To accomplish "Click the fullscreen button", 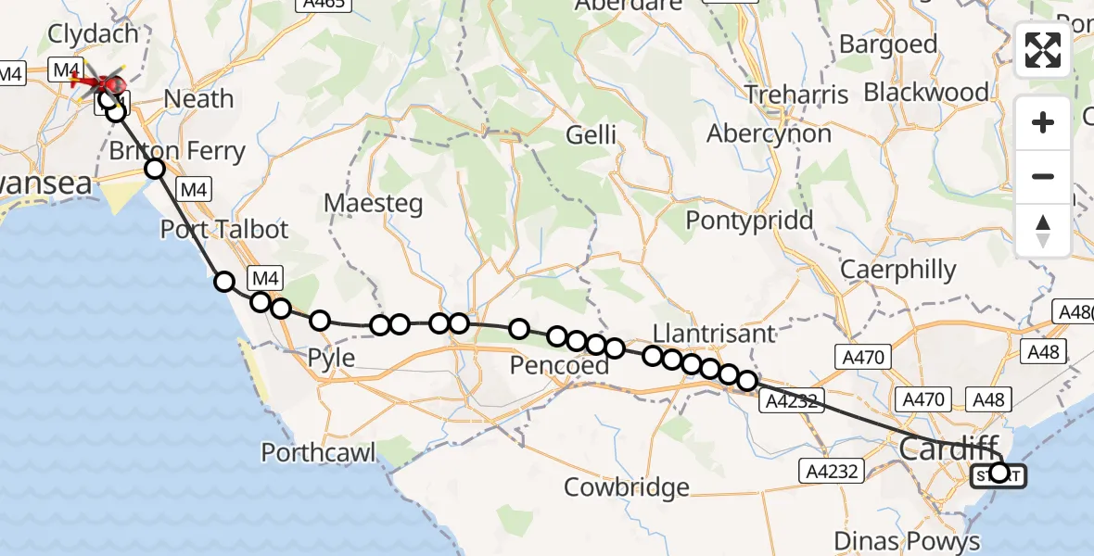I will (x=1043, y=50).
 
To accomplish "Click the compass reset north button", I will (x=1043, y=230).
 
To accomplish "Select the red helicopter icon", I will (x=100, y=82).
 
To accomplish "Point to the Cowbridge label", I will (x=627, y=487).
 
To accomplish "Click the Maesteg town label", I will (x=373, y=203).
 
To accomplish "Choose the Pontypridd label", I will (x=749, y=221).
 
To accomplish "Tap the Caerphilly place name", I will (x=897, y=270).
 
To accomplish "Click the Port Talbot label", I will (x=224, y=229).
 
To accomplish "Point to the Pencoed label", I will (x=559, y=366).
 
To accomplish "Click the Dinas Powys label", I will (x=907, y=541).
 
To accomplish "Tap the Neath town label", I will (x=198, y=98).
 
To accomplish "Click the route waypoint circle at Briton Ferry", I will (x=155, y=169).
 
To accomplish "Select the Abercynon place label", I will (x=769, y=134).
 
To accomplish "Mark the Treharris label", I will (x=796, y=95).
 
